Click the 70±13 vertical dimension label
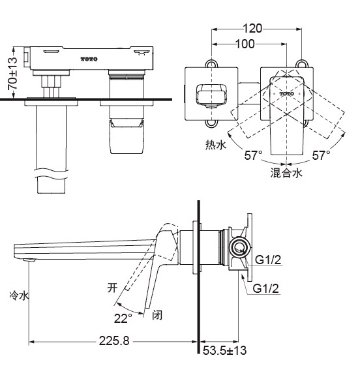[11, 73]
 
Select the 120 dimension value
[254, 28]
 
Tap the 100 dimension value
[245, 44]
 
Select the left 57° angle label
[253, 155]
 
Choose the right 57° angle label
[320, 155]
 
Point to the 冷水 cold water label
[19, 295]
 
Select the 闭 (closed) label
[157, 316]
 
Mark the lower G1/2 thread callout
[265, 288]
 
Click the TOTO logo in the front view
[89, 60]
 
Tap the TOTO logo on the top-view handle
[287, 94]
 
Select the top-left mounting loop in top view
[211, 64]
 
